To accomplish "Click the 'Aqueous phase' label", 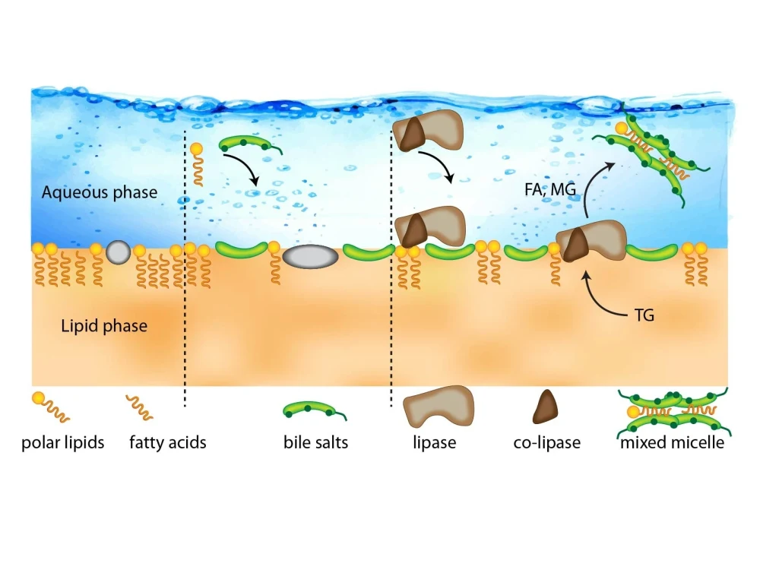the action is pyautogui.click(x=100, y=192).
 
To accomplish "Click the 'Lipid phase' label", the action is pyautogui.click(x=104, y=326).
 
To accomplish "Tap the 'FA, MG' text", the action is pyautogui.click(x=550, y=189).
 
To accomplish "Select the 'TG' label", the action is pyautogui.click(x=644, y=315).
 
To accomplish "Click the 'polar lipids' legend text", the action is pyautogui.click(x=63, y=442).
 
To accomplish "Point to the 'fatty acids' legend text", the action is pyautogui.click(x=168, y=442).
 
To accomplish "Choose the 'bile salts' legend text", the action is pyautogui.click(x=316, y=442).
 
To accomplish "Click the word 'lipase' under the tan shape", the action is pyautogui.click(x=434, y=442).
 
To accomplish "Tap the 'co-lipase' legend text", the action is pyautogui.click(x=546, y=442).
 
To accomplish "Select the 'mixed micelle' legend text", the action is pyautogui.click(x=673, y=442).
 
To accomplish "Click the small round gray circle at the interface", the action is pyautogui.click(x=119, y=252).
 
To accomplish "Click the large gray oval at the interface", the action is pyautogui.click(x=310, y=256).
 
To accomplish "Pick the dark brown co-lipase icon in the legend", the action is pyautogui.click(x=545, y=407).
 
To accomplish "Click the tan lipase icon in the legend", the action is pyautogui.click(x=438, y=406).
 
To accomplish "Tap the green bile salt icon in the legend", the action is pyautogui.click(x=314, y=410).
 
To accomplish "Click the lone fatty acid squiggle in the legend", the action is pyautogui.click(x=140, y=407).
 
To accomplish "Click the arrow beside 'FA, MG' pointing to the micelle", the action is pyautogui.click(x=589, y=185).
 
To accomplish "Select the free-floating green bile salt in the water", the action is pyautogui.click(x=250, y=144).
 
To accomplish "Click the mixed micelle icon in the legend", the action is pyautogui.click(x=674, y=411).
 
